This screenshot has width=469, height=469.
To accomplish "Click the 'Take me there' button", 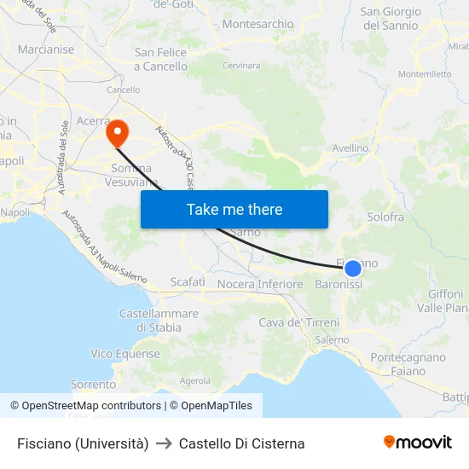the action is point(234,209).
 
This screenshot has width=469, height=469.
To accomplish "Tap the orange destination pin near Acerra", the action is point(116,132).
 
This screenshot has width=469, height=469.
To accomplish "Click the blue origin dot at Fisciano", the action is point(353,269).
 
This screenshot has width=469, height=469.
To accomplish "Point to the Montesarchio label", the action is point(258,25).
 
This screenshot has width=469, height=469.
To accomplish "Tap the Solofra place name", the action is point(385,217).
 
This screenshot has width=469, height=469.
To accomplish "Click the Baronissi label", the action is point(339,285).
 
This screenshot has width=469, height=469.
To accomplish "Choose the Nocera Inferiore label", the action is point(260,284).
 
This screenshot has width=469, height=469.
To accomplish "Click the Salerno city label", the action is point(332,339).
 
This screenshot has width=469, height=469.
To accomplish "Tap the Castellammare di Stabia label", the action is point(159,320).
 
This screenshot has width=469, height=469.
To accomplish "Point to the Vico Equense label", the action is point(125,354).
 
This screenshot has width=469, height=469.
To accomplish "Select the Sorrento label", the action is point(93,385).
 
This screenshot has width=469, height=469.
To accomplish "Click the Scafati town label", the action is point(188,281).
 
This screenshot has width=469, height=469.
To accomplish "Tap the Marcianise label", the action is point(46,49).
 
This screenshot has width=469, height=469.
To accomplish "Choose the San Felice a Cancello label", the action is point(160,59).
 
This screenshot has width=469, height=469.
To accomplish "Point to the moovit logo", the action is point(418,443).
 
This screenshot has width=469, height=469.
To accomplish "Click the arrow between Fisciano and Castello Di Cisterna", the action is point(164,443).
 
